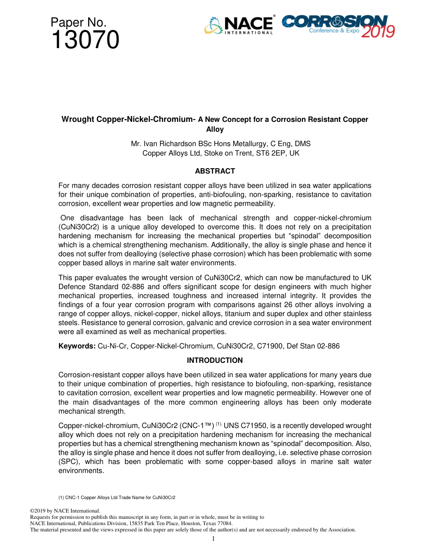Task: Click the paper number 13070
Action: pos(85,40)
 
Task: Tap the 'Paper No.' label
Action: pos(78,22)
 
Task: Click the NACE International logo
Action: pos(239,25)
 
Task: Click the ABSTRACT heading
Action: pos(214,171)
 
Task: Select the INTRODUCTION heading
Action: pos(214,361)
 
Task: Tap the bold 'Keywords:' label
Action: pos(77,346)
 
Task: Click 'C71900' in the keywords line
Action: pos(273,346)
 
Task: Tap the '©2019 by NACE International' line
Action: pos(65,511)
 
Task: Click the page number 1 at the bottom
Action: pos(213,539)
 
